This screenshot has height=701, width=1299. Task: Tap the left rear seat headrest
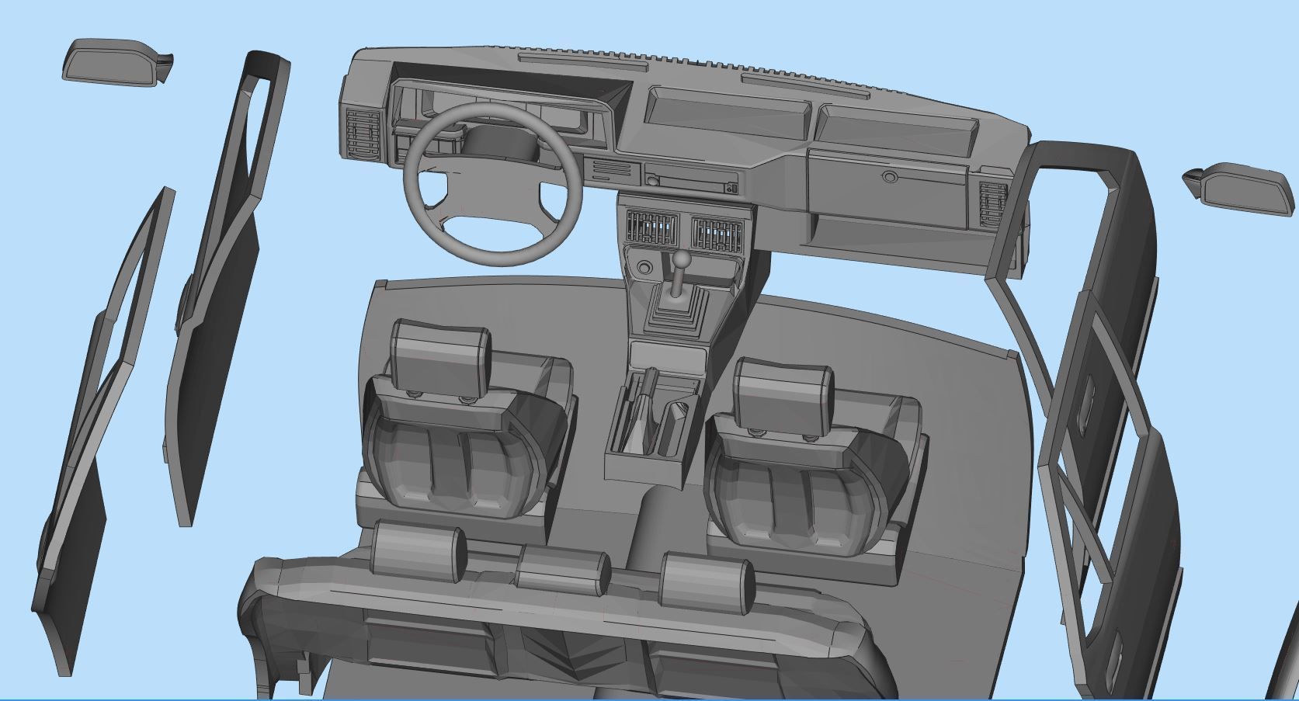point(419,551)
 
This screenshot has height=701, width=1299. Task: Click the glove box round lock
point(888,177)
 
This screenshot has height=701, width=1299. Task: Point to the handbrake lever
point(644,411)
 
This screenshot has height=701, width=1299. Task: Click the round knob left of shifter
point(644,269)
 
